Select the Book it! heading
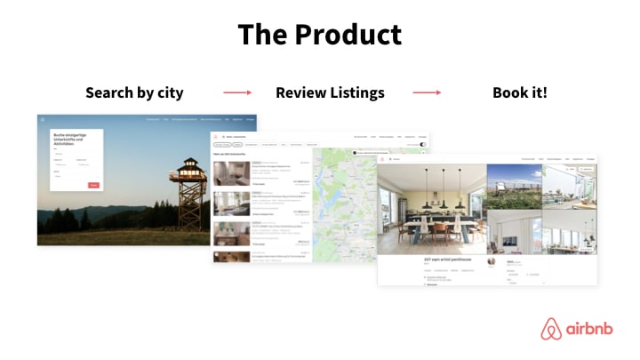pyautogui.click(x=519, y=92)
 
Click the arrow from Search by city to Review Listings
pyautogui.click(x=237, y=92)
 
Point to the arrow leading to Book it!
pyautogui.click(x=428, y=92)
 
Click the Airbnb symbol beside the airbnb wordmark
pyautogui.click(x=551, y=329)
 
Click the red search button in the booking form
pyautogui.click(x=93, y=185)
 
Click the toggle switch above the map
pyautogui.click(x=422, y=144)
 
